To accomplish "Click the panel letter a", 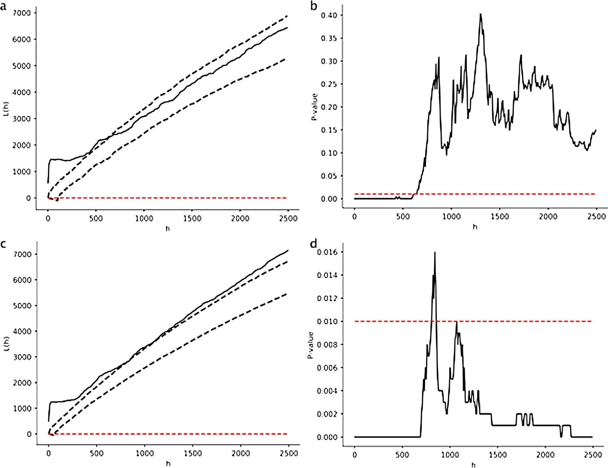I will pos(4,6).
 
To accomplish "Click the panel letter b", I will pos(315,6).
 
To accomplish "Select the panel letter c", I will pos(4,245).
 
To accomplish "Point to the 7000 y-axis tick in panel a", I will pos(22,13).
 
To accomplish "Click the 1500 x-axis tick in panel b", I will pos(500,216).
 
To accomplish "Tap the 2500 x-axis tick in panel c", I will pos(288,454).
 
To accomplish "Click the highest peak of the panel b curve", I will pos(481,14).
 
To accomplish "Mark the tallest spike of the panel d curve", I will pos(435,253).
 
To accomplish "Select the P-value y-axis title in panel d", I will pos(311,345).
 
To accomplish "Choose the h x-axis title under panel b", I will pos(475,227).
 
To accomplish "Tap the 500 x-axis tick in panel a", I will pos(96,219).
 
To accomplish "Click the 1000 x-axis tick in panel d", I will pos(450,455).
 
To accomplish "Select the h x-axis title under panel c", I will pos(168,464).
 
